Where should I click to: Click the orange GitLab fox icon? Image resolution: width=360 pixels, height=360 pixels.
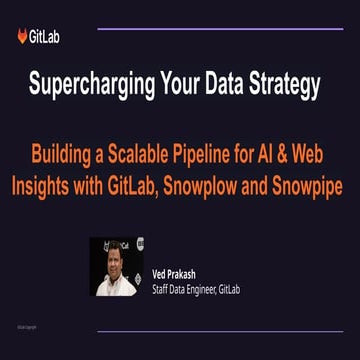tap(23, 36)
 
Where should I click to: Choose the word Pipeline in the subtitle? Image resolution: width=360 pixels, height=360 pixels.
tap(205, 159)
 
